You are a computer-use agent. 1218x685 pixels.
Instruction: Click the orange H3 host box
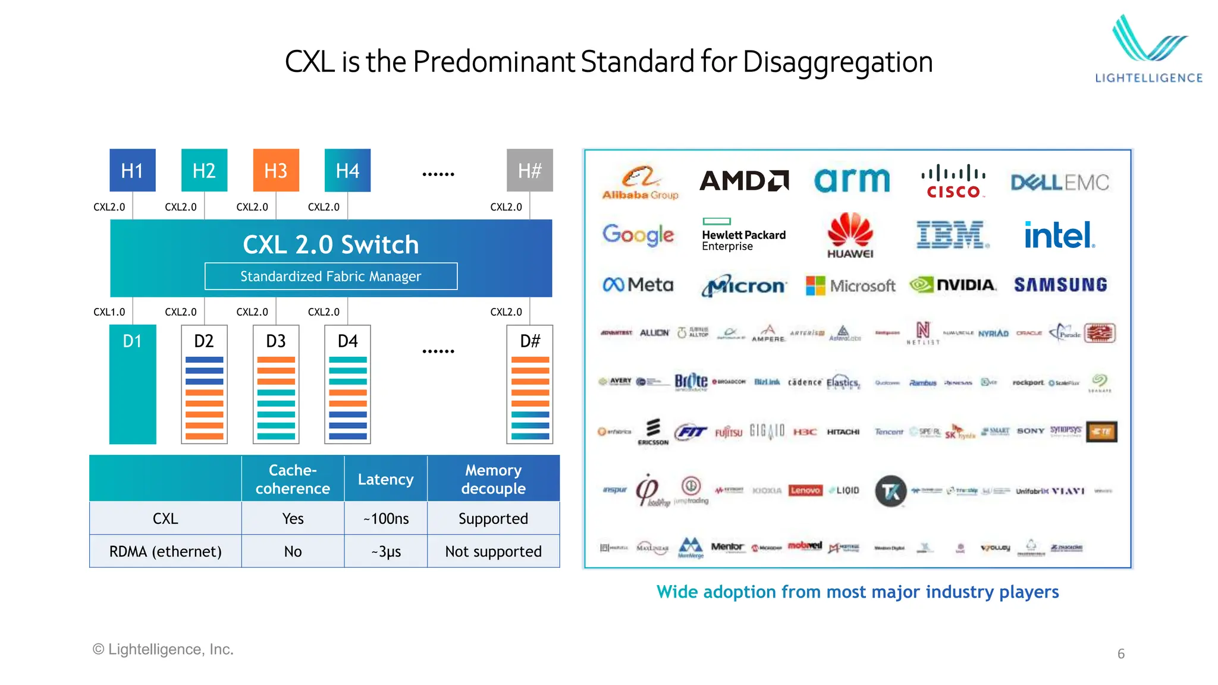coord(276,170)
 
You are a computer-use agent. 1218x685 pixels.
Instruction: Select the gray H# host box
coord(529,170)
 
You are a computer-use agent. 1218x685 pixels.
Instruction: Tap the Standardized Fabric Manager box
coord(331,276)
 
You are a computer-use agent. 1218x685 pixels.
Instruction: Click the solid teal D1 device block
coord(133,384)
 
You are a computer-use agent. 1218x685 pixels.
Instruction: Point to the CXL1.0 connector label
coord(109,312)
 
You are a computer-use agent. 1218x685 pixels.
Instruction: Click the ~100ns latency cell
coord(386,519)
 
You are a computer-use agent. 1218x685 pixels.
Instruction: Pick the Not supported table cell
coord(493,551)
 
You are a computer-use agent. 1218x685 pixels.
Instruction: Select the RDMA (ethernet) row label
coord(165,551)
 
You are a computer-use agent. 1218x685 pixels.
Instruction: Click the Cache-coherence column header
coord(293,479)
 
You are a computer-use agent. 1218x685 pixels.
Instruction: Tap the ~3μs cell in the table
coord(386,551)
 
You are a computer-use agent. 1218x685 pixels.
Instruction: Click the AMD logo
coord(744,181)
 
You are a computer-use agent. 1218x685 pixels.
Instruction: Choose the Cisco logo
coord(953,181)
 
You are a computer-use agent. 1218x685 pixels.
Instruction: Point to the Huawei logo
coord(850,235)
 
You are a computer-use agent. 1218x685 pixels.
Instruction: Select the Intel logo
coord(1059,235)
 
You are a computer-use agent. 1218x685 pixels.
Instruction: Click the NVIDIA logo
coord(953,285)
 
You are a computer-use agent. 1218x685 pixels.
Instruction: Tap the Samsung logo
coord(1060,285)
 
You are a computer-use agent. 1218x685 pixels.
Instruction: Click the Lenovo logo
coord(805,490)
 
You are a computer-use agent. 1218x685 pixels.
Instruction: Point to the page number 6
coord(1121,653)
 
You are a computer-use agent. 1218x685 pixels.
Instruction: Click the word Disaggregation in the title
coord(837,62)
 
